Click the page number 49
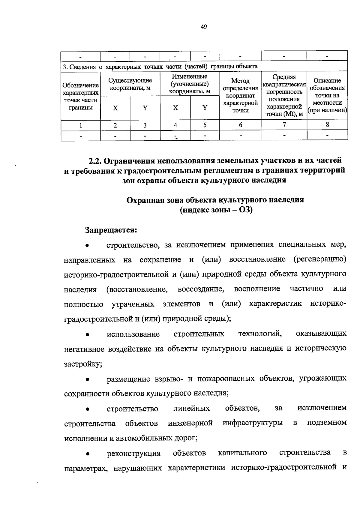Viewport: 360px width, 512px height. pos(204,27)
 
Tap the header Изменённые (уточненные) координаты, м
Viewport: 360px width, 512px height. pos(190,84)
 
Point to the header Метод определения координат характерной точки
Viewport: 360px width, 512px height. pos(240,96)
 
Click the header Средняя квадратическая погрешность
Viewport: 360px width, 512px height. pos(284,96)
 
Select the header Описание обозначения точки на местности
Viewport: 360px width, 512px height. pos(327,96)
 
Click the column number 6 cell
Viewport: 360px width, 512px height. pos(240,125)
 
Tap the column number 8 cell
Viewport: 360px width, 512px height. pos(327,125)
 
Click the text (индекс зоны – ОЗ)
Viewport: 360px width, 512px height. pos(216,210)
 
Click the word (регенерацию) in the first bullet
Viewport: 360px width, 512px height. pos(320,259)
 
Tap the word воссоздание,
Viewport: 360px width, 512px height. pos(201,289)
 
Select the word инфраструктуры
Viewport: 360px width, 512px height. pos(253,423)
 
